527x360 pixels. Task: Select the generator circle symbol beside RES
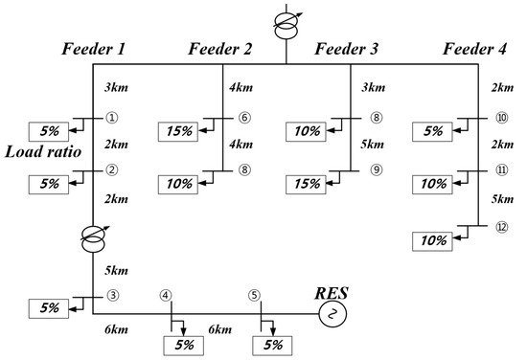coord(334,311)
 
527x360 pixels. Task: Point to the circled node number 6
coord(243,119)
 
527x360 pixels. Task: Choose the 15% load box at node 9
coord(308,182)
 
